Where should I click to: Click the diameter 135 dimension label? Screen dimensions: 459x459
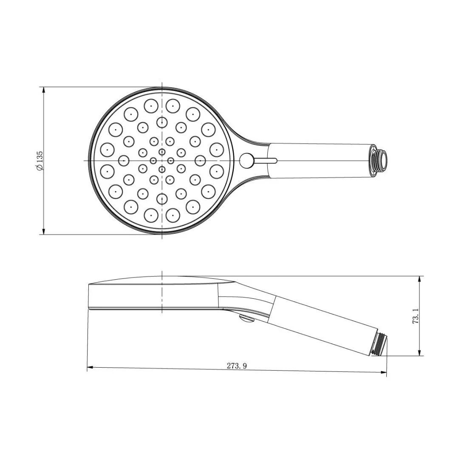pos(40,160)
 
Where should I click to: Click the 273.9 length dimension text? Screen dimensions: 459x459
pos(237,365)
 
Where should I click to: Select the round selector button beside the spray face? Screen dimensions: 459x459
pos(246,160)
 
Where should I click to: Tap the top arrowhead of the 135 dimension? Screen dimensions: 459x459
pos(43,90)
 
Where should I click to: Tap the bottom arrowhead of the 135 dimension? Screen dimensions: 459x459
pos(43,232)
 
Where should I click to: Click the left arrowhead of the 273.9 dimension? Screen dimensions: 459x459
pos(90,368)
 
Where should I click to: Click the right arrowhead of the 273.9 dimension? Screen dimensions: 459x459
pos(384,373)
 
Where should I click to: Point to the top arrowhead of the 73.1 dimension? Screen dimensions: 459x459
pos(420,279)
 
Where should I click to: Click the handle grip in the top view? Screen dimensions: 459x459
pos(319,160)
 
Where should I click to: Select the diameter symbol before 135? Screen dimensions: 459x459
pos(40,167)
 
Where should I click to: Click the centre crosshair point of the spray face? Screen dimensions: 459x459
pos(162,160)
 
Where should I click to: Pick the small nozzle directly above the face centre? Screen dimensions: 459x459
pos(161,152)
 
